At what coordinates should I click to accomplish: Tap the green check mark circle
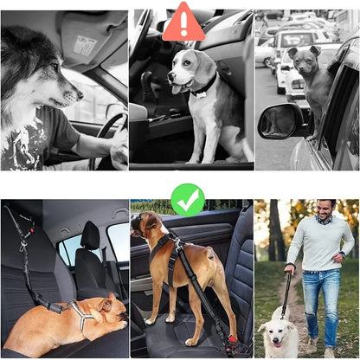coord(188,199)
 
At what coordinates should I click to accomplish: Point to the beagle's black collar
coord(204,85)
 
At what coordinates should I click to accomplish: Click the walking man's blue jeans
coord(321,299)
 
